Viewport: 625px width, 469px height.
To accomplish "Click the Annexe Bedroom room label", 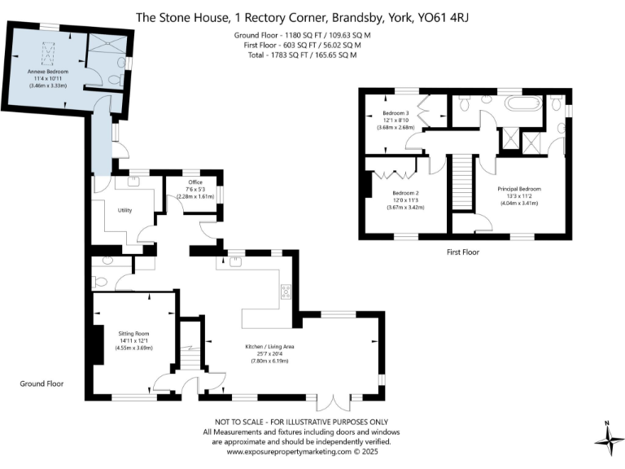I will pyautogui.click(x=46, y=72).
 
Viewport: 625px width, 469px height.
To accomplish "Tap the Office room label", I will pyautogui.click(x=194, y=182).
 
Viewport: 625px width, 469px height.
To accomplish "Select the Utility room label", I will pyautogui.click(x=125, y=210).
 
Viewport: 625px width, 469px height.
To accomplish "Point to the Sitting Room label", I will pyautogui.click(x=134, y=334).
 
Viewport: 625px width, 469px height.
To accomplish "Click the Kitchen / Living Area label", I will pyautogui.click(x=269, y=347).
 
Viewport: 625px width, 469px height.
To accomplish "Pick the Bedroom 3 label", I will pyautogui.click(x=396, y=113).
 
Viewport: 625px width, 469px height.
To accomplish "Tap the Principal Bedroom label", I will pyautogui.click(x=518, y=188).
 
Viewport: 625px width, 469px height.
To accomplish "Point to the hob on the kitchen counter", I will pyautogui.click(x=286, y=291).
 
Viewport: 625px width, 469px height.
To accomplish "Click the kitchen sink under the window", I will pyautogui.click(x=235, y=262).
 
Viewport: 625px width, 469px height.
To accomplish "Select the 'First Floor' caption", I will pyautogui.click(x=462, y=252).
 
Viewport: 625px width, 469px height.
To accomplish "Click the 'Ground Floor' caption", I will pyautogui.click(x=42, y=384).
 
